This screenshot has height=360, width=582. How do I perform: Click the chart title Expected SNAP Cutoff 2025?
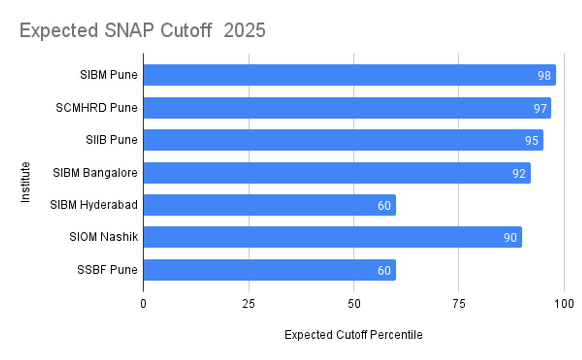coord(142,31)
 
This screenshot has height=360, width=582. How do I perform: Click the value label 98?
coord(543,76)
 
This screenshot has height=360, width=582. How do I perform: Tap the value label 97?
coord(540,108)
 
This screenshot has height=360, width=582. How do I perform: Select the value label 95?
coord(532,141)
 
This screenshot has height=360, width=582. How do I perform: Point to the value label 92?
coord(519,173)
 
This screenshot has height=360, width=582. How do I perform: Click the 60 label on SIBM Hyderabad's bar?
coord(384,206)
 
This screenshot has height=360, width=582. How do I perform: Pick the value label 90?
coord(510,238)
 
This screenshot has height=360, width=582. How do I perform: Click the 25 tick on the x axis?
coord(249,304)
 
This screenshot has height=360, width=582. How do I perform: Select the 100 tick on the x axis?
coord(564,304)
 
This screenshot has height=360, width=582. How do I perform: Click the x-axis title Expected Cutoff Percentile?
coord(353,335)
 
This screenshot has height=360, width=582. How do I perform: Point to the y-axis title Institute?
coord(25,182)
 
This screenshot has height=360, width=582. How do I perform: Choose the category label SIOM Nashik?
coord(103,237)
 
